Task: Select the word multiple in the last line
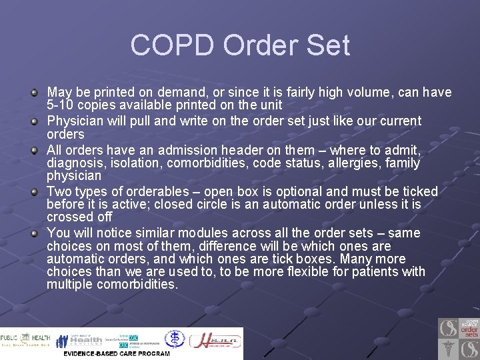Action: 69,285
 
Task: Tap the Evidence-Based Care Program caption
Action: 117,353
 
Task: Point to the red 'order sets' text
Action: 469,332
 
